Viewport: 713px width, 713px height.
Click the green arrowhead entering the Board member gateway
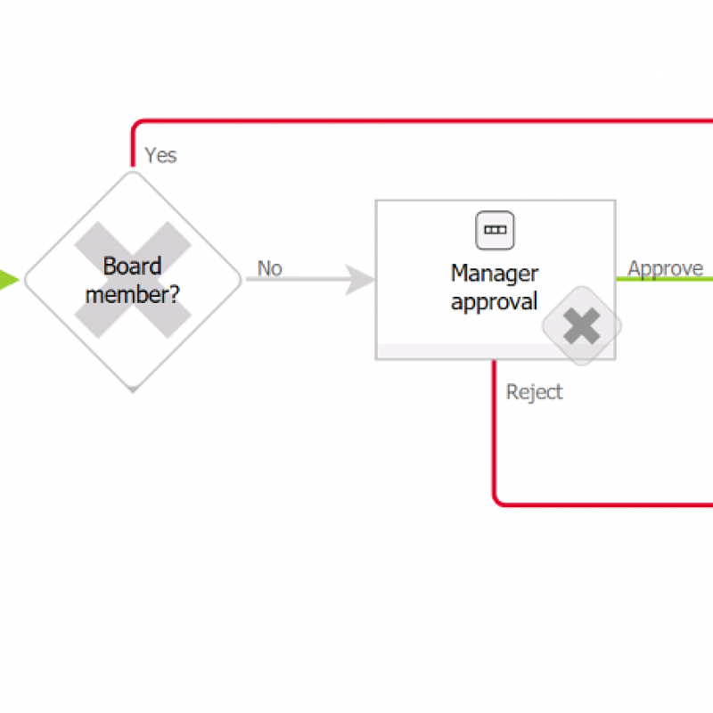pyautogui.click(x=8, y=280)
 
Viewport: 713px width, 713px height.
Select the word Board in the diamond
pyautogui.click(x=132, y=266)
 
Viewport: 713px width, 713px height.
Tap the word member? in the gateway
pyautogui.click(x=132, y=293)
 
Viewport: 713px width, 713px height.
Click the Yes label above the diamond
pyautogui.click(x=160, y=155)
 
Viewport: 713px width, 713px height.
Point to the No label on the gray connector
pyautogui.click(x=269, y=267)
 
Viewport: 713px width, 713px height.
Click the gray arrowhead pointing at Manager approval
pyautogui.click(x=361, y=280)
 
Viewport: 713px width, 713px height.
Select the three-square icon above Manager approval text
pyautogui.click(x=495, y=229)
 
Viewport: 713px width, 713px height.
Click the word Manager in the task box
pyautogui.click(x=495, y=272)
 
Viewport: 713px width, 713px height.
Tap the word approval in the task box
pyautogui.click(x=495, y=301)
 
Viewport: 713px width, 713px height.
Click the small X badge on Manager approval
pyautogui.click(x=582, y=326)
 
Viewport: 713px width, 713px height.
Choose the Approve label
pyautogui.click(x=665, y=268)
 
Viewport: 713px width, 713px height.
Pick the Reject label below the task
pyautogui.click(x=534, y=392)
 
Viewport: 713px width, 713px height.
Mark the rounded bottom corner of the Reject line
pyautogui.click(x=499, y=500)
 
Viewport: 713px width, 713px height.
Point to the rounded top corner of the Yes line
pyautogui.click(x=136, y=124)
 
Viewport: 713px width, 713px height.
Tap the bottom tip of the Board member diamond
pyautogui.click(x=132, y=389)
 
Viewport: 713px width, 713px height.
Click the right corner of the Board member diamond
pyautogui.click(x=240, y=280)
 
